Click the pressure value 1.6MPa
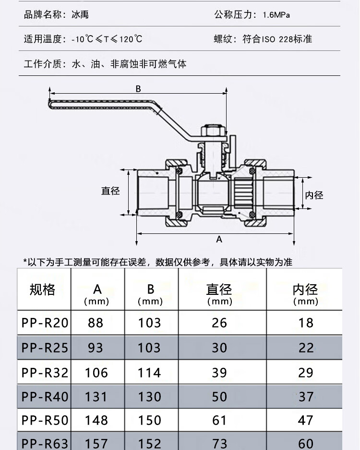coord(276,14)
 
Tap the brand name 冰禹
coord(80,14)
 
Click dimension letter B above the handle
coord(138,89)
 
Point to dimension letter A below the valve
coord(219,239)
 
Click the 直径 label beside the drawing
coord(110,191)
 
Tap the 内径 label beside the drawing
coord(314,195)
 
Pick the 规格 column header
coord(42,289)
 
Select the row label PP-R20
coord(45,323)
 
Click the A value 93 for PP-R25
coord(95,348)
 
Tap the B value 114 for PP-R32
coord(149,373)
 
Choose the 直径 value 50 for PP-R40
coord(219,397)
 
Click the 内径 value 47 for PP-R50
coord(305,420)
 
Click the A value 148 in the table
coord(96,420)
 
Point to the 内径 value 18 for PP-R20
coord(306,323)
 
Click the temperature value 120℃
coord(131,39)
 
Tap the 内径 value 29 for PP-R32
coord(305,373)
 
